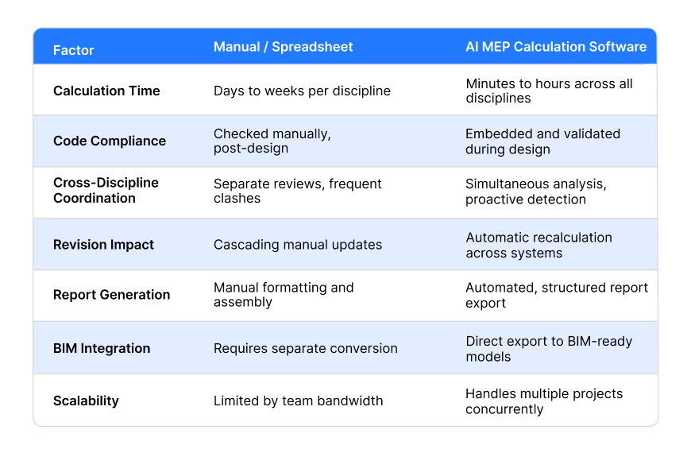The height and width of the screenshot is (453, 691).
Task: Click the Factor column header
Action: [74, 50]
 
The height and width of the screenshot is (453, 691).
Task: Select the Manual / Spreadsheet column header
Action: [284, 47]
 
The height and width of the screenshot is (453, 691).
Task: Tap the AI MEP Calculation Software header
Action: [556, 47]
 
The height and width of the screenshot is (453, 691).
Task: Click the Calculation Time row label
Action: [106, 91]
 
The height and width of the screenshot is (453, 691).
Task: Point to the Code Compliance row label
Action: [110, 141]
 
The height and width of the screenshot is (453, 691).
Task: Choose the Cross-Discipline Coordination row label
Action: [106, 191]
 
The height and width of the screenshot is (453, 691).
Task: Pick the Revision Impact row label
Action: [103, 245]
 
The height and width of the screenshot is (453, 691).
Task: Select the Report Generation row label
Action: [111, 295]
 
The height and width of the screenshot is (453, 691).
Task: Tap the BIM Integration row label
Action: [102, 348]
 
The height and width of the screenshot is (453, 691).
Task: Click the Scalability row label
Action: [86, 401]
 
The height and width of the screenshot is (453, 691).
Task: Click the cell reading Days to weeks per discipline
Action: [303, 91]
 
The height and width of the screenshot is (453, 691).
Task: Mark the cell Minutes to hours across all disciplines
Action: [549, 91]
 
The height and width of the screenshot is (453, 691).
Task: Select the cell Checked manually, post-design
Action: [272, 141]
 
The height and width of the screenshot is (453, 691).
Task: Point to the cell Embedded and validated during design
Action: [543, 141]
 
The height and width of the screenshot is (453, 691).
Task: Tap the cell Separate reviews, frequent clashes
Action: [298, 191]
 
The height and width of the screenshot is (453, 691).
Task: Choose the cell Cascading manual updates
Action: [298, 245]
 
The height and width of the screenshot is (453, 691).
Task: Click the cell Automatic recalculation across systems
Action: [539, 246]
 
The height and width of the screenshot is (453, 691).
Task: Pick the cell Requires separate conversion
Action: [306, 348]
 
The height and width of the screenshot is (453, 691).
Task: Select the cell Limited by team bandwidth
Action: [299, 401]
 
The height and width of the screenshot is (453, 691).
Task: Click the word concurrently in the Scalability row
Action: [504, 409]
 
